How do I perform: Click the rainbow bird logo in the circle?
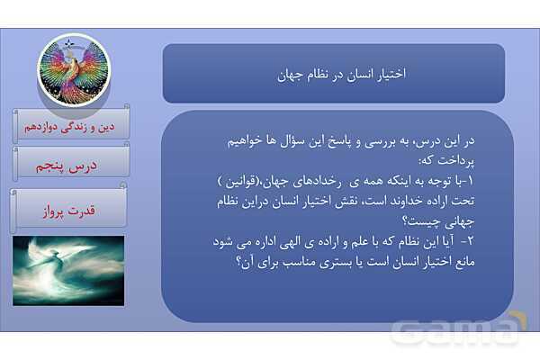72,69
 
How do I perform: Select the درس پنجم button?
72,165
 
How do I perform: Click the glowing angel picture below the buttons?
68,270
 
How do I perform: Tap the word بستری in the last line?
317,264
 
